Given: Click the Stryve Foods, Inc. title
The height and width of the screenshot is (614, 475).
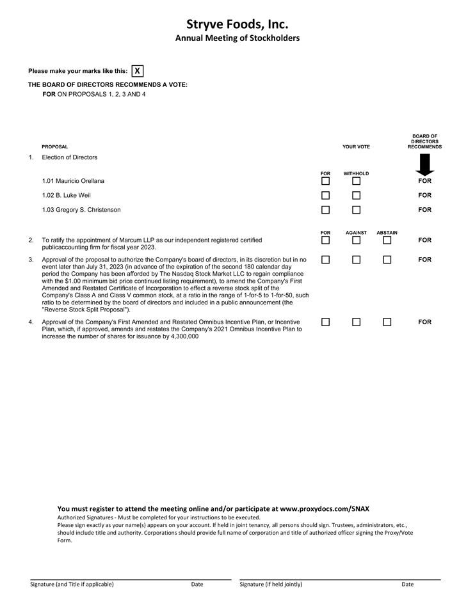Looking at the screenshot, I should click(237, 24).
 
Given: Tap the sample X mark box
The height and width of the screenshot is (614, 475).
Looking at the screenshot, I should click(137, 71).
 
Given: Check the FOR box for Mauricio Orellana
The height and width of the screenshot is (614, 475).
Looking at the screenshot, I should click(325, 181).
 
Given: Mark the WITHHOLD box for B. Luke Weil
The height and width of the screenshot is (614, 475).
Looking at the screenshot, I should click(356, 196).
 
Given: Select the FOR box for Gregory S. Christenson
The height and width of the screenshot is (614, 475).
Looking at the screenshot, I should click(325, 210).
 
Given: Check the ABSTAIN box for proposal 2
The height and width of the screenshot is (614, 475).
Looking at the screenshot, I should click(387, 240).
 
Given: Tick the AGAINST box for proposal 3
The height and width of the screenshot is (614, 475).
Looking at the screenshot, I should click(356, 260).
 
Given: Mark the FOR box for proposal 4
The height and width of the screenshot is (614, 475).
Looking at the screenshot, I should click(325, 322).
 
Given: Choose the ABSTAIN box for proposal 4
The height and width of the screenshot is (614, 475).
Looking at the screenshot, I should click(387, 322).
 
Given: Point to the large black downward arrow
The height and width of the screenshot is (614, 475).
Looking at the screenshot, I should click(424, 165).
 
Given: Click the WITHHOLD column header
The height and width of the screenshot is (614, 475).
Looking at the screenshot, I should click(356, 173).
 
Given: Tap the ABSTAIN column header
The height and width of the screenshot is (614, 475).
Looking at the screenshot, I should click(387, 233).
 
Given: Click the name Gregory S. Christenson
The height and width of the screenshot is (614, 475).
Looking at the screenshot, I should click(86, 210).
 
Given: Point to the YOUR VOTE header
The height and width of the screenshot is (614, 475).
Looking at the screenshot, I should click(356, 147).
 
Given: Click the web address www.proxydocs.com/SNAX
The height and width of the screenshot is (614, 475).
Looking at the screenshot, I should click(325, 508).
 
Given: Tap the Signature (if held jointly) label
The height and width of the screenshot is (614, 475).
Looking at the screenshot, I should click(271, 585).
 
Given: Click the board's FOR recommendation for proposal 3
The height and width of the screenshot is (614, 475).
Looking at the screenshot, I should click(424, 260).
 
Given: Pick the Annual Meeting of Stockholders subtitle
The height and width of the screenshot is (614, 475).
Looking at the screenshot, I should click(237, 38).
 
